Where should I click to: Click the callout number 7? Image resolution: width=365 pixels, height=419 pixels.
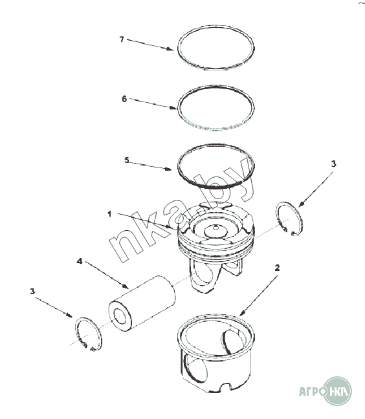click(x=122, y=39)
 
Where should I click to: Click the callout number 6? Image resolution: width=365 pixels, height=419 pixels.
click(x=124, y=99)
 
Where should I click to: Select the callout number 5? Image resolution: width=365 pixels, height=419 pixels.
click(x=127, y=160)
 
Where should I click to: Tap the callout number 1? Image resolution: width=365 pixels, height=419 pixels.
click(x=109, y=214)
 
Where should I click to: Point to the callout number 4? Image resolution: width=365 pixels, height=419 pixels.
click(x=80, y=261)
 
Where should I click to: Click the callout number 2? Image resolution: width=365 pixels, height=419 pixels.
click(x=277, y=268)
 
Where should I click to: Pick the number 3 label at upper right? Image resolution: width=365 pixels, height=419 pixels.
click(x=333, y=164)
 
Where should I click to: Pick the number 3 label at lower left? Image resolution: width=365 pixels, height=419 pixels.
click(x=32, y=291)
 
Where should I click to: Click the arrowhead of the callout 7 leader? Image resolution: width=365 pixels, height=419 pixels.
click(x=170, y=48)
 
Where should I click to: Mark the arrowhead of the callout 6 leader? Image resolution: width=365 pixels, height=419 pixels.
click(x=173, y=108)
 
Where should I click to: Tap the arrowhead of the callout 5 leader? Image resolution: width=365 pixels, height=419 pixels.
click(x=168, y=168)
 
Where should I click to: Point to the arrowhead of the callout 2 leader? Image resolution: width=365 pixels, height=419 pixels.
click(x=242, y=313)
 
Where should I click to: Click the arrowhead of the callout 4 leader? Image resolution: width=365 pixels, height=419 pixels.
click(x=126, y=286)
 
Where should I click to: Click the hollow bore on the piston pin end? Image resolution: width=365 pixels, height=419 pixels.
click(x=120, y=316)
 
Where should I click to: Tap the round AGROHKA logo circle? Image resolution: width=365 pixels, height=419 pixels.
click(x=337, y=391)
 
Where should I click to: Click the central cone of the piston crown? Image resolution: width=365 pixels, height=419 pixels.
click(x=216, y=231)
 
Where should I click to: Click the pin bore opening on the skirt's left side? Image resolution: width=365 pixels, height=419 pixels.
click(x=197, y=370)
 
